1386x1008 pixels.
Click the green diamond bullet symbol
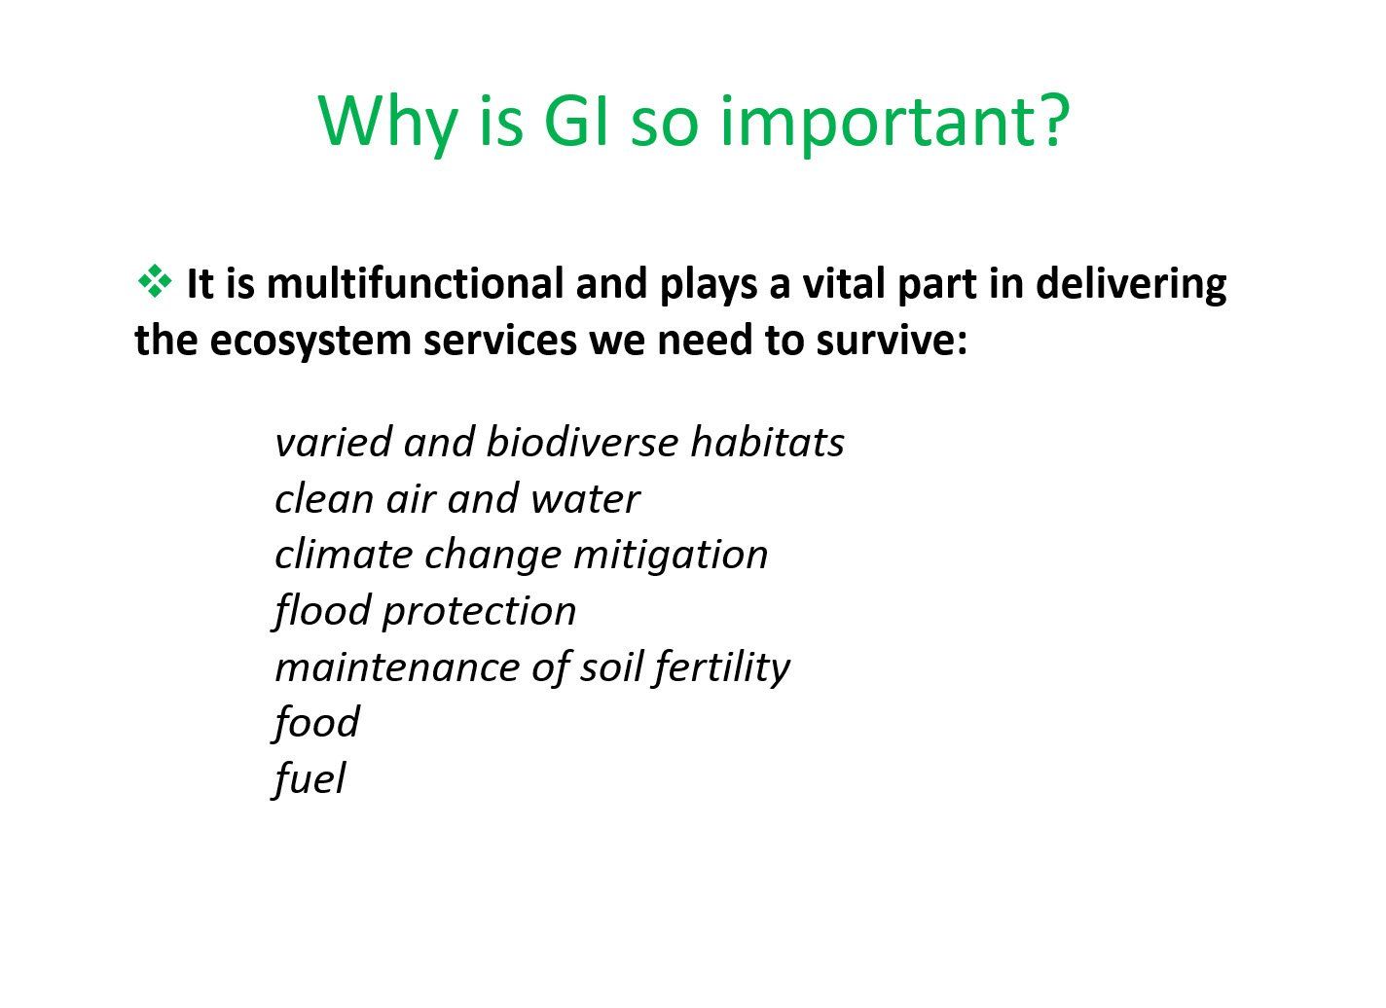pos(155,282)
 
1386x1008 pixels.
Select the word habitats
pos(767,443)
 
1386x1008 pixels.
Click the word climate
pos(344,554)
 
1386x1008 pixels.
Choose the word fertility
pos(721,667)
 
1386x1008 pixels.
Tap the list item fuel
pos(310,779)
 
